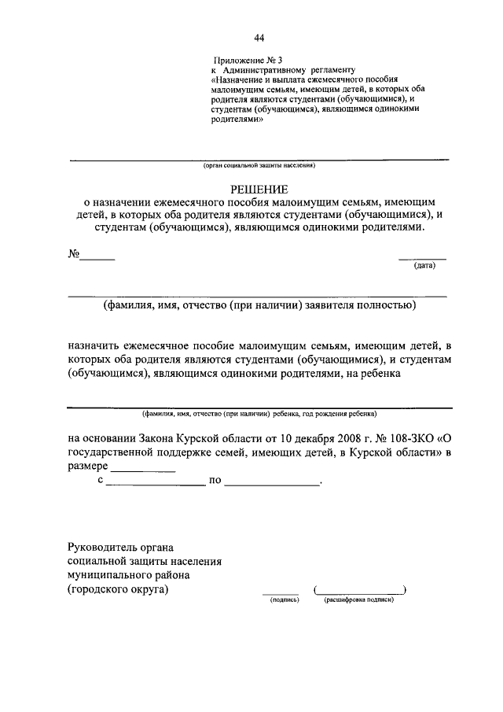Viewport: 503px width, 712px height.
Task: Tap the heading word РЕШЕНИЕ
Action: pos(259,189)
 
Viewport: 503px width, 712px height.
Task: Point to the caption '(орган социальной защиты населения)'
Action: pos(259,166)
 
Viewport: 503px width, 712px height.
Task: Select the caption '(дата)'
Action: pos(424,266)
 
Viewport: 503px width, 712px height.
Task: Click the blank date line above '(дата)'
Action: pos(422,257)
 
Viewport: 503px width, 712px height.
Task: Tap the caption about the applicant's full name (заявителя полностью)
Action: pos(259,305)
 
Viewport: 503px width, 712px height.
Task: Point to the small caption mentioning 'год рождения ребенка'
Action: pos(259,413)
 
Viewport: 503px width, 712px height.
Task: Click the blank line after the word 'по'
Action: pos(272,482)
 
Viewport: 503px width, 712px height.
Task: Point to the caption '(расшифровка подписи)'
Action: pos(358,599)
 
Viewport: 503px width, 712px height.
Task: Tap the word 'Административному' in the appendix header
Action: pos(264,70)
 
